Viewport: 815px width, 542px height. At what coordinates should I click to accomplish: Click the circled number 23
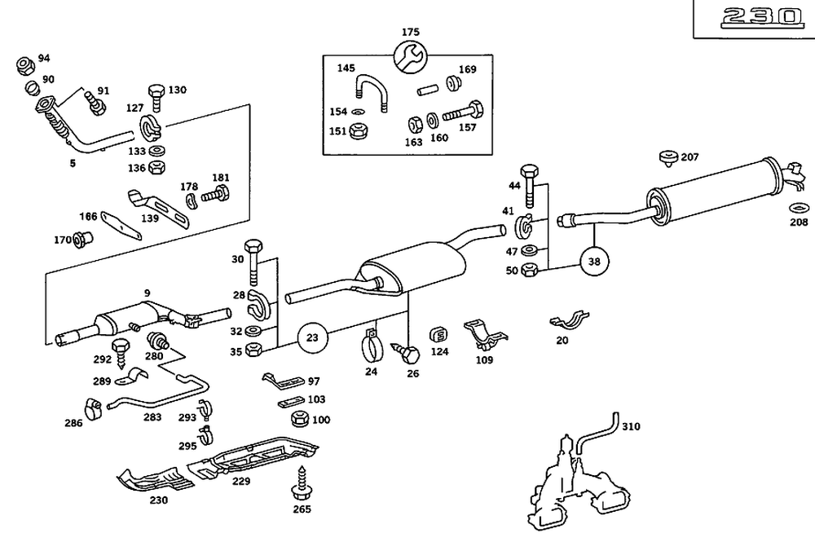click(312, 336)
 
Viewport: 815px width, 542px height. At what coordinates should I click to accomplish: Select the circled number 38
click(594, 262)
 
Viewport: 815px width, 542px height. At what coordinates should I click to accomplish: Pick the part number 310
click(631, 426)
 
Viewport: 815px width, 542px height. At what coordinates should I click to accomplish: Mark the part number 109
click(484, 359)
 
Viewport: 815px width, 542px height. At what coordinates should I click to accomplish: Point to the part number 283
click(152, 416)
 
